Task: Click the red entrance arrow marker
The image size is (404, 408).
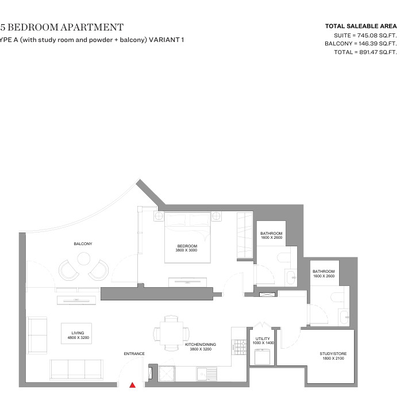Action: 133,385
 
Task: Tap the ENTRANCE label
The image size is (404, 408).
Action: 134,353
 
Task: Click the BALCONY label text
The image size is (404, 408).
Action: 83,244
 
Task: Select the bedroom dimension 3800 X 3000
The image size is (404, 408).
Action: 186,250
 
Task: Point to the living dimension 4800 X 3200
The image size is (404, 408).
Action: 78,338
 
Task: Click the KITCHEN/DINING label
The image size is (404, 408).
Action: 201,345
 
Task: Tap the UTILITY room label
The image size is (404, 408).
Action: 263,339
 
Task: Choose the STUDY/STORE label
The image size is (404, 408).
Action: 333,354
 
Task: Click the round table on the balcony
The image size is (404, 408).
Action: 84,258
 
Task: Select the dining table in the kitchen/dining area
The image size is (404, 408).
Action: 171,333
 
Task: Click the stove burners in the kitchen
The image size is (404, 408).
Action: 239,347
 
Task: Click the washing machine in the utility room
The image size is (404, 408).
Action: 262,357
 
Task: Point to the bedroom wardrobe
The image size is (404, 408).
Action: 244,235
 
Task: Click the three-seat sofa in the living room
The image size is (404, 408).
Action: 76,369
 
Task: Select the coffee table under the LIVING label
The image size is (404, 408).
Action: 76,333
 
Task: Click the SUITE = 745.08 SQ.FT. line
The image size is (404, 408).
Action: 365,35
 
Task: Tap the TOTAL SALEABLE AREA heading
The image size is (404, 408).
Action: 361,26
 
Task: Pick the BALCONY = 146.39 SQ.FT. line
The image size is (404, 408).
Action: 361,44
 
